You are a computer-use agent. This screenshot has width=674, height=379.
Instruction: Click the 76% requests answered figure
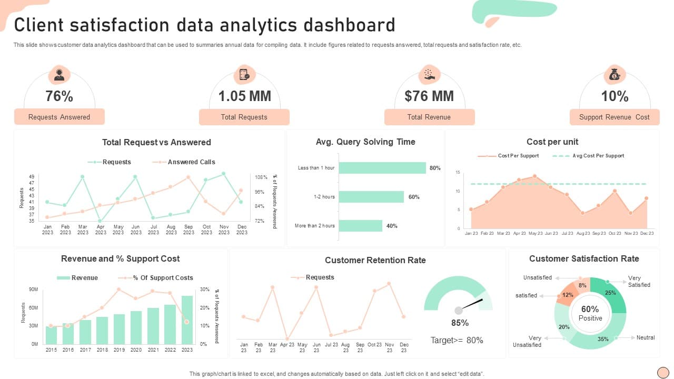[x=59, y=96]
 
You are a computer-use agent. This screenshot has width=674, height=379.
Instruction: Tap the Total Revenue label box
[x=429, y=117]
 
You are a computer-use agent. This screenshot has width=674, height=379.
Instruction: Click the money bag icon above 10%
[x=614, y=75]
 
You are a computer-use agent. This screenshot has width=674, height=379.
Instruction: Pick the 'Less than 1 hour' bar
[x=382, y=168]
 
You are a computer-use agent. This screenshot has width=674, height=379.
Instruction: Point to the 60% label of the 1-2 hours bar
[x=414, y=197]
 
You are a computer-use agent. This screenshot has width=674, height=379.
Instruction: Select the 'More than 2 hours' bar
[x=360, y=226]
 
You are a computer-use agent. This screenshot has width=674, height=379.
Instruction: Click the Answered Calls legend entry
[x=191, y=162]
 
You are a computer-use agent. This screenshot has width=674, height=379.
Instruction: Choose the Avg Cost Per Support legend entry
[x=598, y=156]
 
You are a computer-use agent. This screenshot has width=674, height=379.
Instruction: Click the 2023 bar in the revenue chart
[x=187, y=320]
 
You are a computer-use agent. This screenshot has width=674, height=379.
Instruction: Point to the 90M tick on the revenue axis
[x=33, y=290]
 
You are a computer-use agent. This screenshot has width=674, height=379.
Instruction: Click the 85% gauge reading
[x=460, y=323]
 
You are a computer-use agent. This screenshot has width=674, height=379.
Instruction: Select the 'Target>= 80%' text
[x=457, y=340]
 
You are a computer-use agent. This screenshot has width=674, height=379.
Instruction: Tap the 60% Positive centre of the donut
[x=590, y=313]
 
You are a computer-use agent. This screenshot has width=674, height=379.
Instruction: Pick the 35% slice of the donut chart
[x=603, y=337]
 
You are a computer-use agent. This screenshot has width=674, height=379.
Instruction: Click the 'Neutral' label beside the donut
[x=646, y=337]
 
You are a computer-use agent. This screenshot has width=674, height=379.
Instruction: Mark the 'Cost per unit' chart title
[x=552, y=142]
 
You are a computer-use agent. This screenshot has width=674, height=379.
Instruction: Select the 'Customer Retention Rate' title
[x=375, y=260]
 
